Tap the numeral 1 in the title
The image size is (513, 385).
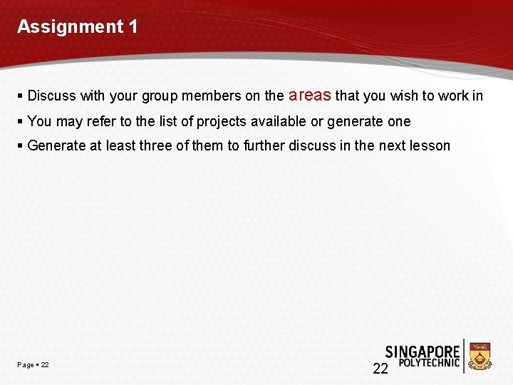click(133, 27)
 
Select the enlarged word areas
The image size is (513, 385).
click(309, 95)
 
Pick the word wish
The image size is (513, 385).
click(403, 96)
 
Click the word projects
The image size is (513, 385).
click(222, 121)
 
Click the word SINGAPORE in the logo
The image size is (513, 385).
click(423, 351)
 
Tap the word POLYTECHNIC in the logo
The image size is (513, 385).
click(429, 363)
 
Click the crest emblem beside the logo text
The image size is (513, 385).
click(481, 356)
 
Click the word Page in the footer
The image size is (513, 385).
click(26, 365)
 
